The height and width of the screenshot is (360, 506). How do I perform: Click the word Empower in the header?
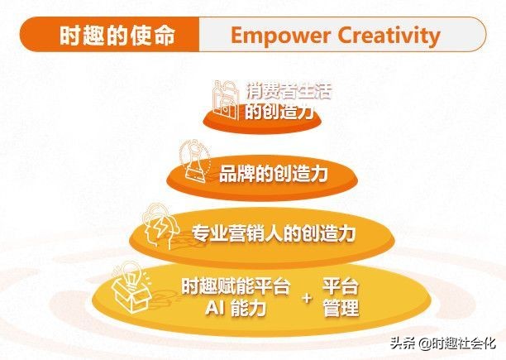click(273, 36)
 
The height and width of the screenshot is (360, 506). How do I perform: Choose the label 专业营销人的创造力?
click(273, 233)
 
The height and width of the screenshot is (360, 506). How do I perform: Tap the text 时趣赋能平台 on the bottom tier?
click(236, 287)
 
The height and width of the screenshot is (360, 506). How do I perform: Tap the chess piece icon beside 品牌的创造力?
click(192, 161)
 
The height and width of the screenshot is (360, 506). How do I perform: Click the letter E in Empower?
click(237, 36)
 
